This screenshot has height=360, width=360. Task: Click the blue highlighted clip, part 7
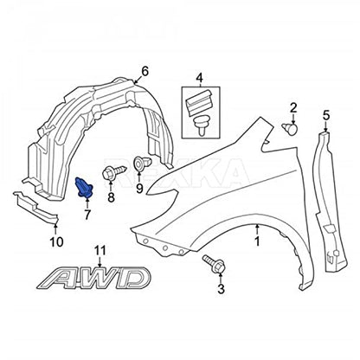(84, 188)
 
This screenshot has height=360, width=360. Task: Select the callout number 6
(145, 71)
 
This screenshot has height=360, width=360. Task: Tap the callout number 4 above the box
(199, 78)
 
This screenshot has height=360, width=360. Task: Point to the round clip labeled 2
(290, 128)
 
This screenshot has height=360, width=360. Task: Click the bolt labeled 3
(215, 263)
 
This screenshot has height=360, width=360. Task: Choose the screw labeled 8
(114, 172)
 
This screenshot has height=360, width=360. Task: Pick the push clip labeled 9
(143, 164)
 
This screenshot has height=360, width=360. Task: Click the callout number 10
(57, 241)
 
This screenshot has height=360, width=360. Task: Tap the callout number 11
(100, 251)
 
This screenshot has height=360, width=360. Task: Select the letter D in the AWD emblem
(132, 279)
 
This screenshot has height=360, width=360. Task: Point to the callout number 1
(257, 241)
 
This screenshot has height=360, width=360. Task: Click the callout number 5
(325, 116)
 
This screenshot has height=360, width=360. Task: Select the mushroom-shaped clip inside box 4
(201, 125)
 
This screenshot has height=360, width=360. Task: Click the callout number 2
(293, 108)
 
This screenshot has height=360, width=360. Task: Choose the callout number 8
(111, 197)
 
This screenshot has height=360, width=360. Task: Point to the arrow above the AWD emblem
(100, 261)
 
